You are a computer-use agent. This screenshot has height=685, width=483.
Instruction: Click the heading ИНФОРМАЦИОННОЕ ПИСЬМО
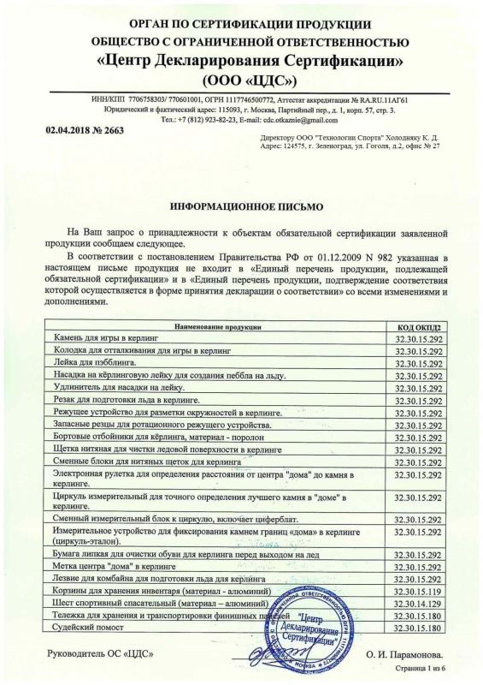tap(241, 207)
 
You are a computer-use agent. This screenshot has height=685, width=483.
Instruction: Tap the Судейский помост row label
tap(90, 628)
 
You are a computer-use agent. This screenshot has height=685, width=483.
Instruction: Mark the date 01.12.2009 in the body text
tap(291, 256)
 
